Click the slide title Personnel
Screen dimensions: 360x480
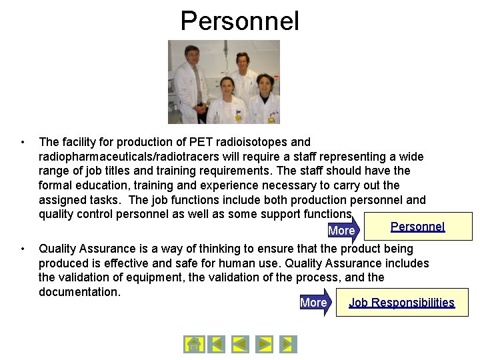[x=240, y=21]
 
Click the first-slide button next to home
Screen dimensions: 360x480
[x=216, y=344]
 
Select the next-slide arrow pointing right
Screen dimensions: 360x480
[x=265, y=344]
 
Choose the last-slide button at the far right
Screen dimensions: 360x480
[x=288, y=344]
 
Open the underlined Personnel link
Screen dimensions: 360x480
[x=417, y=227]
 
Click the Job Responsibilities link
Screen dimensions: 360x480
[x=401, y=303]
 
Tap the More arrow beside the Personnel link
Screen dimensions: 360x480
[x=343, y=231]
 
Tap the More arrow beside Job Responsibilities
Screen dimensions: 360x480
[x=314, y=303]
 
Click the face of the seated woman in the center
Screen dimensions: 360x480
[x=226, y=86]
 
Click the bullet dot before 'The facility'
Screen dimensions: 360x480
[x=23, y=142]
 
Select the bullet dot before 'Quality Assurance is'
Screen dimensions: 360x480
[x=23, y=249]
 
